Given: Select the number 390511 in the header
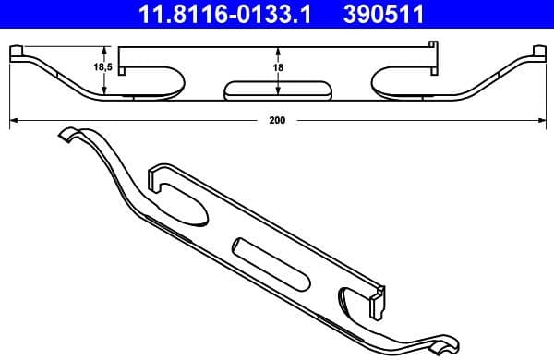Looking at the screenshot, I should pos(403,14).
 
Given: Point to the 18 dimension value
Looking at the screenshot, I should pos(277,68).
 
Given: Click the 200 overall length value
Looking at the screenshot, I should pos(278,120).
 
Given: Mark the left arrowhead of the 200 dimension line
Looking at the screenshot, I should pos(13,120).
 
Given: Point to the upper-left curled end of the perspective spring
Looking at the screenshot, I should pos(69,137).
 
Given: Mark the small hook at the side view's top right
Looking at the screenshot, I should pos(432,45).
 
